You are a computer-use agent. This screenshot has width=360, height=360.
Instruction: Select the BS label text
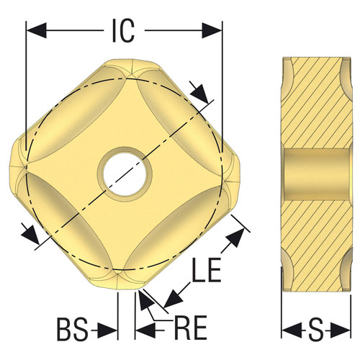pos(72,330)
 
